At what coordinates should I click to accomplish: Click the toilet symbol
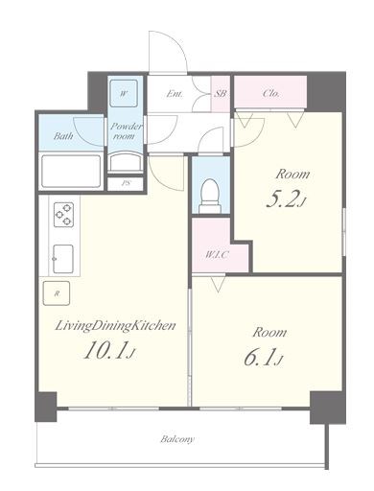pyautogui.click(x=210, y=196)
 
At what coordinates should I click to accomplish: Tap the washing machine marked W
pyautogui.click(x=124, y=93)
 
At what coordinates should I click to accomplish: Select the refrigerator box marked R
pyautogui.click(x=57, y=293)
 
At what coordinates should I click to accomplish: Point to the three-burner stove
pyautogui.click(x=63, y=215)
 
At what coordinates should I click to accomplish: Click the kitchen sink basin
pyautogui.click(x=63, y=259)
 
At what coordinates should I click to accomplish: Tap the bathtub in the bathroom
pyautogui.click(x=71, y=172)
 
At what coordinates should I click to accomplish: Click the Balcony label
pyautogui.click(x=177, y=439)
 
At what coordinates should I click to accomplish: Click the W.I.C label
pyautogui.click(x=217, y=255)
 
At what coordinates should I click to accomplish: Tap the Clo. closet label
pyautogui.click(x=271, y=93)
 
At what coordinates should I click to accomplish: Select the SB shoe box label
pyautogui.click(x=221, y=94)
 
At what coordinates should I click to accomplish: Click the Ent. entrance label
pyautogui.click(x=175, y=94)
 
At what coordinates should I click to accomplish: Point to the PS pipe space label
pyautogui.click(x=126, y=183)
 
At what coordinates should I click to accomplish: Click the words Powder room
pyautogui.click(x=126, y=131)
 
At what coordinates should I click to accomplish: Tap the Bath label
pyautogui.click(x=63, y=136)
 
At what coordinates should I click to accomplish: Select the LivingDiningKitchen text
pyautogui.click(x=116, y=326)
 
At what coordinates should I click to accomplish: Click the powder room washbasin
pyautogui.click(x=125, y=163)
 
